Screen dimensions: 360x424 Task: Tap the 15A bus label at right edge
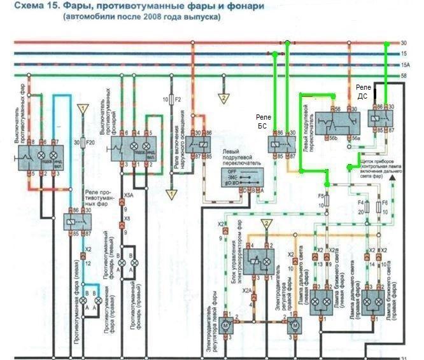(x=405, y=66)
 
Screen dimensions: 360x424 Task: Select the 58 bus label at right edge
(x=404, y=76)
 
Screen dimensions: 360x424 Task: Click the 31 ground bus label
(x=404, y=357)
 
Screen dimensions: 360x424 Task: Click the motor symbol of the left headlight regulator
(x=225, y=326)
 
